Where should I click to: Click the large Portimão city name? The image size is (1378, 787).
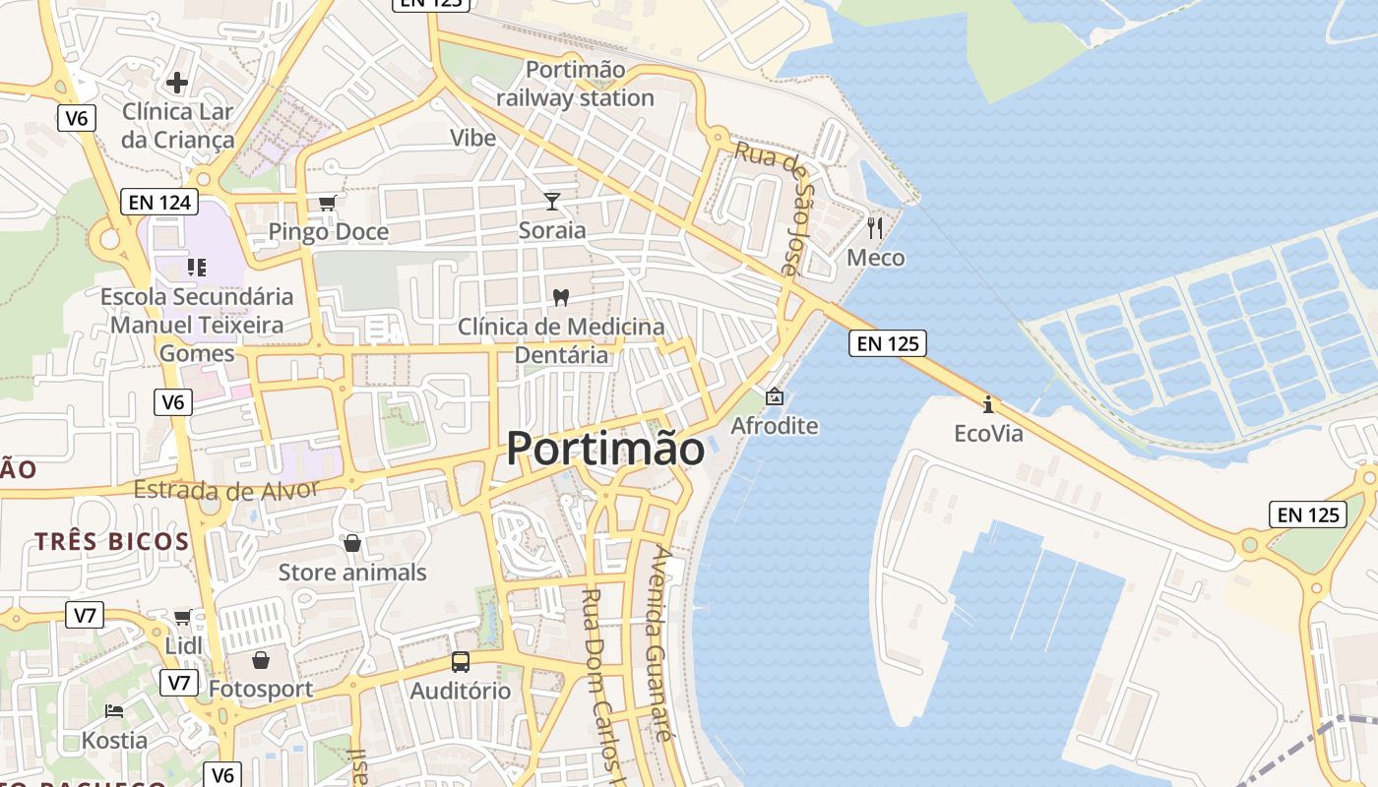coord(605,449)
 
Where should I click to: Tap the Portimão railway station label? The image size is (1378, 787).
coord(575,84)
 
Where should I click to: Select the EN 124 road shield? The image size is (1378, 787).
coord(158,203)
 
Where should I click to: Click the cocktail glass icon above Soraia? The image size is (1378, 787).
coord(552,202)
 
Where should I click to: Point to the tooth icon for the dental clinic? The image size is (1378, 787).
coord(561,296)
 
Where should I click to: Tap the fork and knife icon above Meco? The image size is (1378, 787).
coord(875,228)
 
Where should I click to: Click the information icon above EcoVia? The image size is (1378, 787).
coord(988,404)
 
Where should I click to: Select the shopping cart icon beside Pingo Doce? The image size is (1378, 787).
coord(327,203)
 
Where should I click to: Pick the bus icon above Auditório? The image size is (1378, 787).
coord(461,661)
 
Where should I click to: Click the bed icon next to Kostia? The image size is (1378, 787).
coord(114,710)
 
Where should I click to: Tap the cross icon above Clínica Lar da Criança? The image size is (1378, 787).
coord(177,82)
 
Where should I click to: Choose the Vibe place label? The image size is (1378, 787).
coord(472,138)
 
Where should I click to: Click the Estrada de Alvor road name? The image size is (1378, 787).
coord(225,489)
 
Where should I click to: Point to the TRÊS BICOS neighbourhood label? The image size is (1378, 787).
coord(112,541)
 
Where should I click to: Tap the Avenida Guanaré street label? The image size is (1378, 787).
coord(660,643)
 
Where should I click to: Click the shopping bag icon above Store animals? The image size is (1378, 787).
coord(351,543)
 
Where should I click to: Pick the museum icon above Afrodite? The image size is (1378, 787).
coord(775,396)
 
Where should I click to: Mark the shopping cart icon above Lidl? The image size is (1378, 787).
coord(182,617)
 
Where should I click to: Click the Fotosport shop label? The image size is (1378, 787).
coord(260,689)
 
